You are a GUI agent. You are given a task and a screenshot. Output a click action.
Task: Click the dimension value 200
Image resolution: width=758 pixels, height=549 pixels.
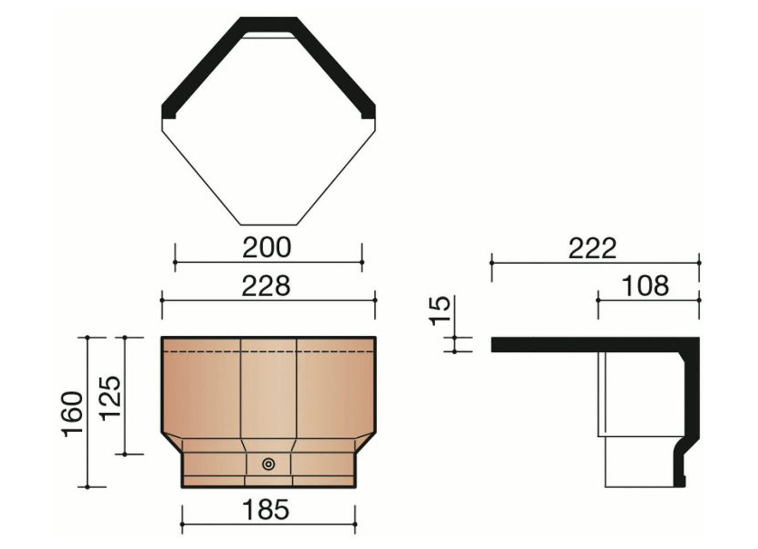pos(267,248)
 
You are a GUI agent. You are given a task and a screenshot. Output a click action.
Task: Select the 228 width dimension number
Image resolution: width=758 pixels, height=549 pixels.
pos(266,286)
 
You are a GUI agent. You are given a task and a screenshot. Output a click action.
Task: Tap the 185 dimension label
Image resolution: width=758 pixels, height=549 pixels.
pos(266,510)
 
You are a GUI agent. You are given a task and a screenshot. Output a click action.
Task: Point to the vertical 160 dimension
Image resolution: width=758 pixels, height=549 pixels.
pos(72,414)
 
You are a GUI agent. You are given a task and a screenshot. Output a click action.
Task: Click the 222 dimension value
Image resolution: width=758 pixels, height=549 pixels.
pos(592,248)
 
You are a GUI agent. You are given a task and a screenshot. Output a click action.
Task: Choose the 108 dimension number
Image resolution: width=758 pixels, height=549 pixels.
pos(646,286)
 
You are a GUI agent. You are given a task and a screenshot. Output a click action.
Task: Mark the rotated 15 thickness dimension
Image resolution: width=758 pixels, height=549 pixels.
pos(440,311)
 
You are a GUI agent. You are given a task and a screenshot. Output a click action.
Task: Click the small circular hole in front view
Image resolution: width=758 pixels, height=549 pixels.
pos(268,465)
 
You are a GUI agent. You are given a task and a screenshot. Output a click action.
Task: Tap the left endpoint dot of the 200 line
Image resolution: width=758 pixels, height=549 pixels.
pos(175,263)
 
